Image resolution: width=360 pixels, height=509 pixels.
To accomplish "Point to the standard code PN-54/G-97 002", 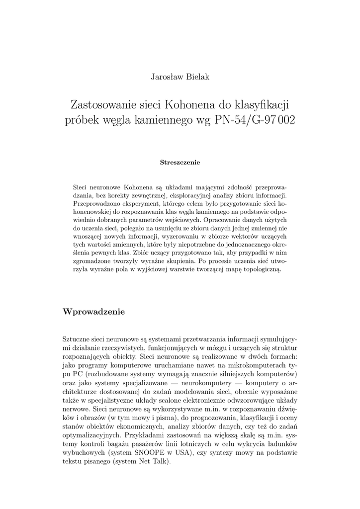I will coord(255,121).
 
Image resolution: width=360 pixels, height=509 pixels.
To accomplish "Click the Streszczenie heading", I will coord(180,163).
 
